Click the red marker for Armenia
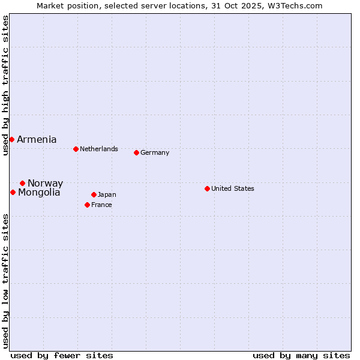(11, 139)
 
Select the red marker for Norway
(22, 183)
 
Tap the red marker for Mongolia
(13, 192)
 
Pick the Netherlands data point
(76, 149)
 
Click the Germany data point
(136, 152)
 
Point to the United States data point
(207, 188)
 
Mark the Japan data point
(94, 194)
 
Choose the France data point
(87, 205)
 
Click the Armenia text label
(37, 139)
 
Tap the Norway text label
(45, 183)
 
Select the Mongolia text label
(39, 192)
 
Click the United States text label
(233, 188)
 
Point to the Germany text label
(155, 152)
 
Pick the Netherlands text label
(99, 149)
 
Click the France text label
(101, 205)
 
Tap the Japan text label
(107, 194)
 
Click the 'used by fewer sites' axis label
(62, 355)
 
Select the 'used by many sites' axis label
(301, 355)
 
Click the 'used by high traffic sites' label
(5, 85)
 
